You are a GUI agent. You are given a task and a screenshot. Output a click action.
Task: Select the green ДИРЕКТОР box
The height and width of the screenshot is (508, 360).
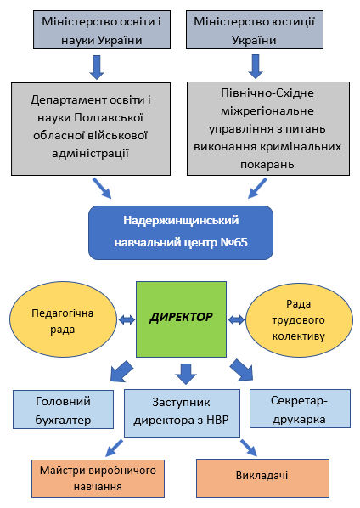pyautogui.click(x=182, y=319)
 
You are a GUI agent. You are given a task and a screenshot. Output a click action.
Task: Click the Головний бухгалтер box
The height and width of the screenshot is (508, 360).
pyautogui.click(x=63, y=409)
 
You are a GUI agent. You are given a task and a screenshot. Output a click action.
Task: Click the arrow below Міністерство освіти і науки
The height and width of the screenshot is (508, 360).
pyautogui.click(x=97, y=65)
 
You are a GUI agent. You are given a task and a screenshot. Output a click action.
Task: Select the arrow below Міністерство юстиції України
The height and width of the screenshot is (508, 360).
pyautogui.click(x=255, y=65)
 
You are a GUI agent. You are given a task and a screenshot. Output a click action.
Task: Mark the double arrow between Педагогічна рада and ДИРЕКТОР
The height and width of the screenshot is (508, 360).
pyautogui.click(x=127, y=319)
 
